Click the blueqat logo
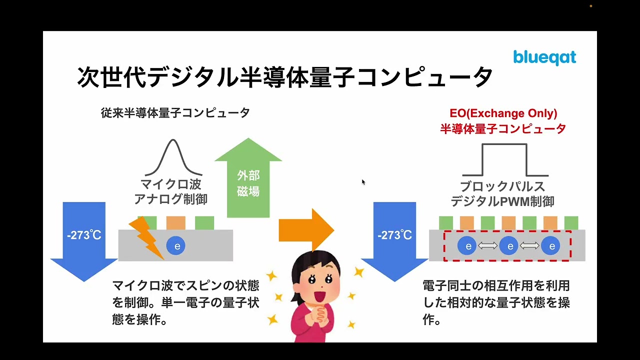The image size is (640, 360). [544, 57]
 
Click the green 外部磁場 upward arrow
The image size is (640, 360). [248, 177]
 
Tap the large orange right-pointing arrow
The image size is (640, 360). [306, 230]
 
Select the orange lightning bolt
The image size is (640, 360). [146, 238]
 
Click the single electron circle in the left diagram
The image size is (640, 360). [175, 245]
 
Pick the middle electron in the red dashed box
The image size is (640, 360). [509, 245]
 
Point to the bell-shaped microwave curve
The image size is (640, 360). [173, 157]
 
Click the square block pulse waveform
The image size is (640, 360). [505, 160]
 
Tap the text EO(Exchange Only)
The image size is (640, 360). [503, 113]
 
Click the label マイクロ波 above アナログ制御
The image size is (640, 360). [171, 184]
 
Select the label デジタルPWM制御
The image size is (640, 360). [502, 201]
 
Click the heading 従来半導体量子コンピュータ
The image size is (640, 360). [175, 113]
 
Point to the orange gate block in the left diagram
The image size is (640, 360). [175, 223]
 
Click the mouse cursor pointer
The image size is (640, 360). [363, 182]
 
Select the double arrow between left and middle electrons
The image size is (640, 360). [487, 245]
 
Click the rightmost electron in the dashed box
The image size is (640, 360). [550, 245]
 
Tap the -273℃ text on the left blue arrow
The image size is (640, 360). [84, 235]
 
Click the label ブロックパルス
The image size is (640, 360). [502, 186]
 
